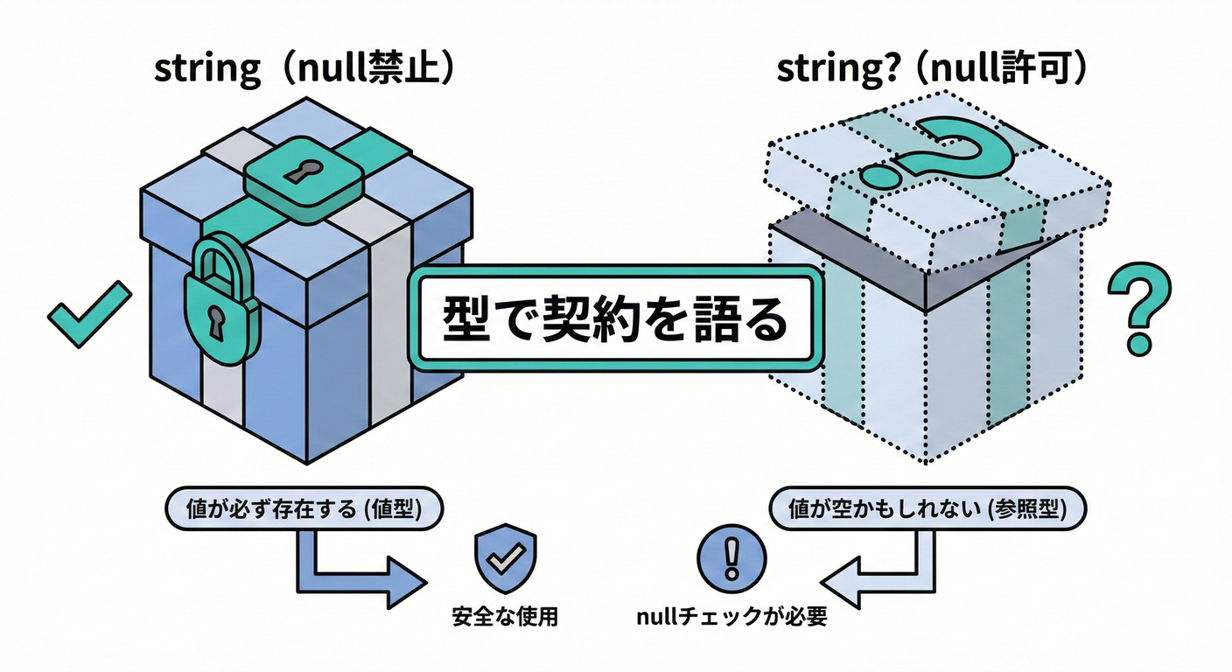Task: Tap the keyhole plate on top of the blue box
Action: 302,177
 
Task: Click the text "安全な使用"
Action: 505,617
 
